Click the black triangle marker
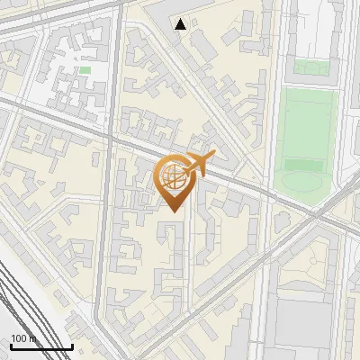tap(181, 24)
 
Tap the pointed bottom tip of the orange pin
tap(174, 211)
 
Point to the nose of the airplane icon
tap(213, 157)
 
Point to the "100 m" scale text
tap(24, 339)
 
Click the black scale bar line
tap(41, 347)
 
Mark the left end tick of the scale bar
tap(11, 346)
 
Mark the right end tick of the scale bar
tap(72, 346)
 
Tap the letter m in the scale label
tap(32, 339)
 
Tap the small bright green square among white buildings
tap(85, 69)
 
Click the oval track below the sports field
tap(303, 180)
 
